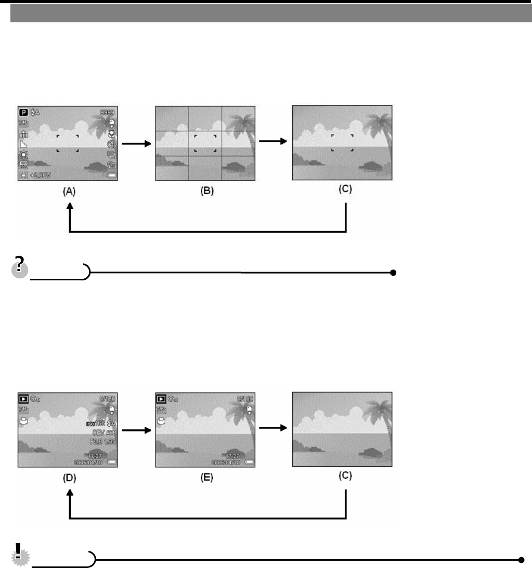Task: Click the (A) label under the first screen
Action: (x=69, y=191)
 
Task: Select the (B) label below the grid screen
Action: (x=206, y=191)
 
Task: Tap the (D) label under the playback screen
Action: (x=69, y=478)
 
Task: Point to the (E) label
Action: (x=206, y=478)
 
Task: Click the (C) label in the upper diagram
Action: (x=345, y=190)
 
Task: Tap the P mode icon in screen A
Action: (x=24, y=112)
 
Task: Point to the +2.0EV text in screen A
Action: (x=41, y=175)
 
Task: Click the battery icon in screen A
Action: (x=111, y=175)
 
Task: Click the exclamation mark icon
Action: (x=19, y=555)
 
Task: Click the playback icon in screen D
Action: (x=24, y=398)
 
